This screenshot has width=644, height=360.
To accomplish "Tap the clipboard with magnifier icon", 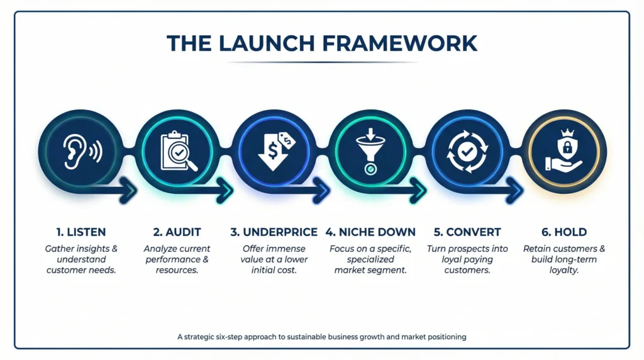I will point(177,150).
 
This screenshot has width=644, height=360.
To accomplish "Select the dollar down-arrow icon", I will point(274,150).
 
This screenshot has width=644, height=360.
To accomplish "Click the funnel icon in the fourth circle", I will point(371,150).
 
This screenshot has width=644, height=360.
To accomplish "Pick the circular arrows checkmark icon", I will point(468,150).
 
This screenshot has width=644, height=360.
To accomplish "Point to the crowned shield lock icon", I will point(564,150).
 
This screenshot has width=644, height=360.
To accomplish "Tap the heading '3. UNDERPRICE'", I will point(274,232).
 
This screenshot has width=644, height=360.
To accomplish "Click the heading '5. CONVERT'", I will point(468,232).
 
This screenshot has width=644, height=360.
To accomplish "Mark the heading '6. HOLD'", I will point(564,232).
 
